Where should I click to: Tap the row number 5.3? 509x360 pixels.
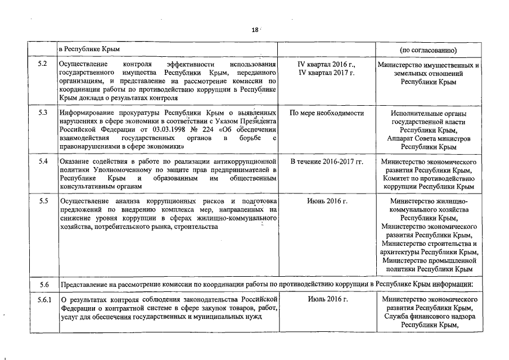(x=43, y=113)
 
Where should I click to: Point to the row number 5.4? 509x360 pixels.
(x=43, y=162)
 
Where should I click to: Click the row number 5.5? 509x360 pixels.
(x=43, y=201)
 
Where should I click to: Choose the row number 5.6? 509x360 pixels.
(x=43, y=284)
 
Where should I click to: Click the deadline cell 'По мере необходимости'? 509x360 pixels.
(x=327, y=113)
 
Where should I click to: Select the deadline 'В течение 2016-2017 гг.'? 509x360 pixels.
(x=327, y=162)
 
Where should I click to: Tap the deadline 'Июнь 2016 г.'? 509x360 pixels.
(x=327, y=201)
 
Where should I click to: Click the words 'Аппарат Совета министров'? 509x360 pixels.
(x=429, y=138)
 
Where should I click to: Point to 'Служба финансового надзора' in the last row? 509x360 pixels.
(x=429, y=316)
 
